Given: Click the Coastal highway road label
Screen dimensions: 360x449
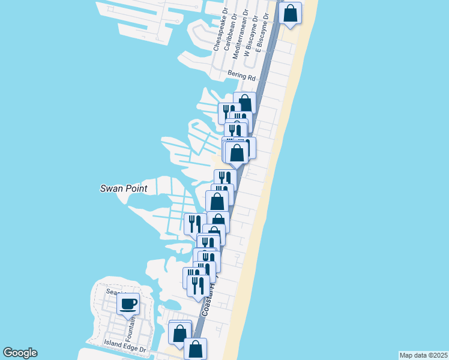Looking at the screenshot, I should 208,303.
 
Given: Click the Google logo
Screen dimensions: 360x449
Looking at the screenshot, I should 20,353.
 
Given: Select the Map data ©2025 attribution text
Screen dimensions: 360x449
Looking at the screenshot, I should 423,355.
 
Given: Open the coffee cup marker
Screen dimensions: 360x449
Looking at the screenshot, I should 128,304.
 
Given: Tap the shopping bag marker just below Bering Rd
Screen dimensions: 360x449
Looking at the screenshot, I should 244,102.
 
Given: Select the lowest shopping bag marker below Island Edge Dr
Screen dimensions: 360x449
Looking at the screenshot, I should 195,348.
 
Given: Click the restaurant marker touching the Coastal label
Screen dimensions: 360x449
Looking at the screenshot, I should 198,285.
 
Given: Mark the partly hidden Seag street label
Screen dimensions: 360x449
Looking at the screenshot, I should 112,292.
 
